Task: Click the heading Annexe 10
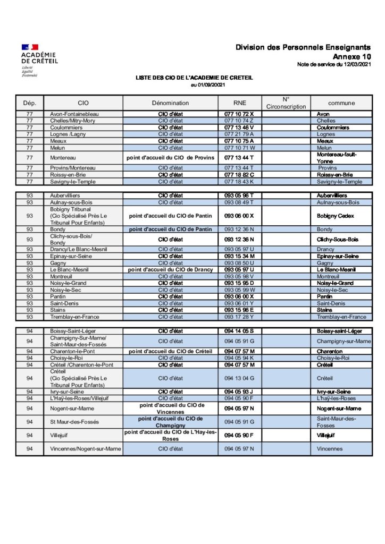(352, 56)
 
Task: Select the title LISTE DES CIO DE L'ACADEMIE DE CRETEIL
(194, 78)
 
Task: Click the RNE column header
(239, 103)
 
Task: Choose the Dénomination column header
(170, 103)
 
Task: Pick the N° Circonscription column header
(286, 103)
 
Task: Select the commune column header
(341, 103)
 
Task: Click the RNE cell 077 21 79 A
(239, 134)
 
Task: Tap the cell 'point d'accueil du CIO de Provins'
(170, 158)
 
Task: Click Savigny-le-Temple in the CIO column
(74, 182)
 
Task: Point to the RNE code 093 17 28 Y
(239, 317)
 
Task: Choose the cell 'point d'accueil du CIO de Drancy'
(170, 269)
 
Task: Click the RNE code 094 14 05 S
(239, 331)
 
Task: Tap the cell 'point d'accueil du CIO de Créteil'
(170, 351)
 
